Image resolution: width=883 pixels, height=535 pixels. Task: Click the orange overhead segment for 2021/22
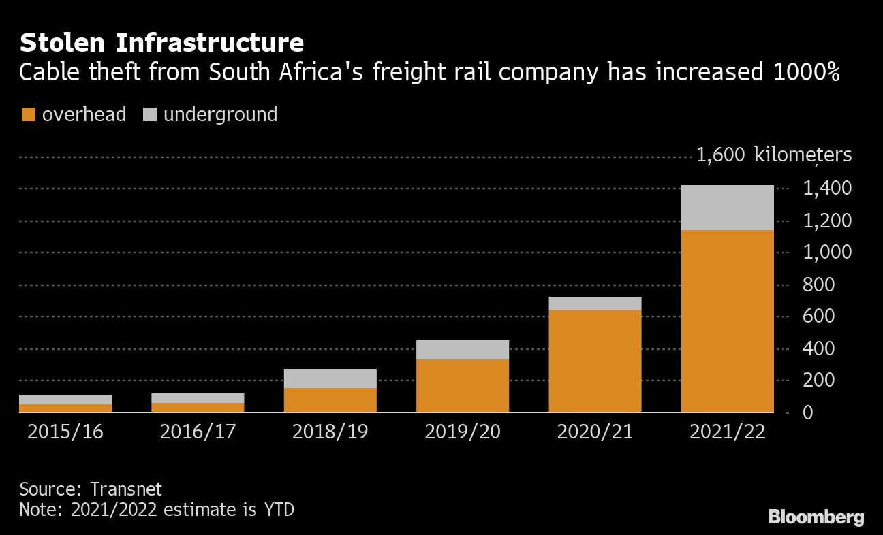[727, 321]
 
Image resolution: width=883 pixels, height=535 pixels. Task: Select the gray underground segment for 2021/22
[727, 208]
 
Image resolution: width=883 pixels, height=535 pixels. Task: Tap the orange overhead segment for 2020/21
[595, 361]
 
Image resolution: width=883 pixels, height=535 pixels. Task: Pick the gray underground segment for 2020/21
[595, 304]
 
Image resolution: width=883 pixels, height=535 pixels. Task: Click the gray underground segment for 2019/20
[463, 350]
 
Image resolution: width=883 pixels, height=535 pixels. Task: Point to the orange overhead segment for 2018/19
[330, 400]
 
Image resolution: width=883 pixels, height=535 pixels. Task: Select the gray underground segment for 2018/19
[330, 378]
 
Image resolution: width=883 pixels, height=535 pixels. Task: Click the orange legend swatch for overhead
[29, 114]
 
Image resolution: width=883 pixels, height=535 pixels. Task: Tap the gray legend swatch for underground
[150, 114]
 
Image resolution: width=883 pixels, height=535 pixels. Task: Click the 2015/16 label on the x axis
[65, 432]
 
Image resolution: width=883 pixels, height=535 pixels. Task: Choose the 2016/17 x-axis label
[198, 432]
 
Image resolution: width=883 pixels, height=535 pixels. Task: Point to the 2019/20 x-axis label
[463, 432]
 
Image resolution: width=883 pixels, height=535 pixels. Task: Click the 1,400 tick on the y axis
[827, 188]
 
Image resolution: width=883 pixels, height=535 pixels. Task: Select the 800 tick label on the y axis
[819, 285]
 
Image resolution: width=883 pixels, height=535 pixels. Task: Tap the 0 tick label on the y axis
[807, 412]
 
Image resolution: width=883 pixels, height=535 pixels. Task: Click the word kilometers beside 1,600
[803, 155]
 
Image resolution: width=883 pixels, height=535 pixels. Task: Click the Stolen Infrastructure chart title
[161, 42]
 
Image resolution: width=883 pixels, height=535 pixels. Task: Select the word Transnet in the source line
[126, 489]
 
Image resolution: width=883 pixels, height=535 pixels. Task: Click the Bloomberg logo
[816, 517]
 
